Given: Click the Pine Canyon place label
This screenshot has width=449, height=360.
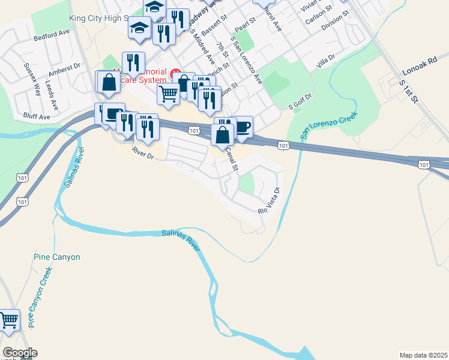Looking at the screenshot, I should (56, 257).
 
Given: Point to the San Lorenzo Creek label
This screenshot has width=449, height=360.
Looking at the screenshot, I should (329, 126).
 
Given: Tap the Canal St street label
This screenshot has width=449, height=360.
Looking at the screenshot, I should (231, 158).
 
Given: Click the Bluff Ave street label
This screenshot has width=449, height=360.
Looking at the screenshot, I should (37, 116).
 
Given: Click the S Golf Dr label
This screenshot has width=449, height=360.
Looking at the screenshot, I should (301, 100).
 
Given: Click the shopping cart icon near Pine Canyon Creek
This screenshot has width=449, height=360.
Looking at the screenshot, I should (9, 322).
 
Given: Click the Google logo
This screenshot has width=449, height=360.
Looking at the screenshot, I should (19, 353).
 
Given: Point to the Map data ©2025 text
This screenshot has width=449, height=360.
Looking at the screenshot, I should (423, 355).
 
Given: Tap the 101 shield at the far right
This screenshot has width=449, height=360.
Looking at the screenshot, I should (424, 164).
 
